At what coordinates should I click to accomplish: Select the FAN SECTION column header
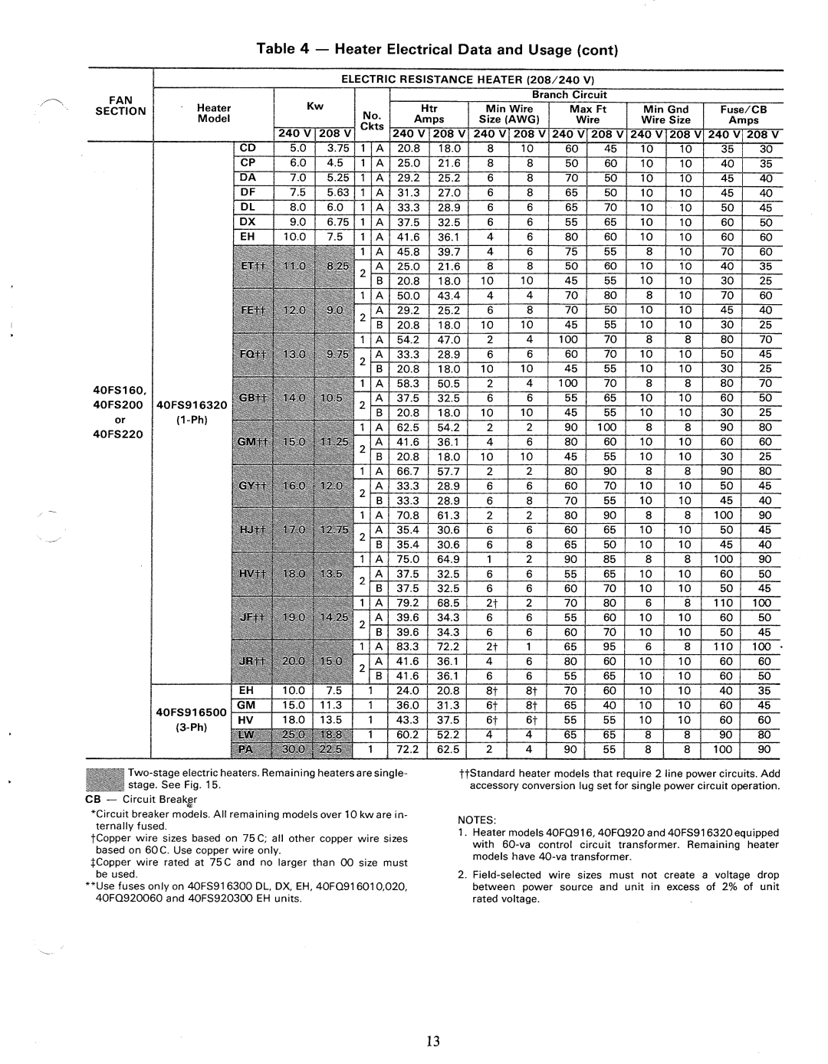(120, 105)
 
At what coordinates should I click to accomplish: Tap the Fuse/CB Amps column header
(743, 114)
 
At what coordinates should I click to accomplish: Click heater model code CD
(247, 148)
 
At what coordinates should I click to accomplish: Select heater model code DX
(247, 222)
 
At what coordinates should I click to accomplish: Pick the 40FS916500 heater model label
(192, 712)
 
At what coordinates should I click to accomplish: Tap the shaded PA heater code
(247, 749)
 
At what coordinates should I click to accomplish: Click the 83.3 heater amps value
(408, 647)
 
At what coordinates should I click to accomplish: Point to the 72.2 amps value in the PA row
(408, 749)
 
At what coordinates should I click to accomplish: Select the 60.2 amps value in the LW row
(408, 735)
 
